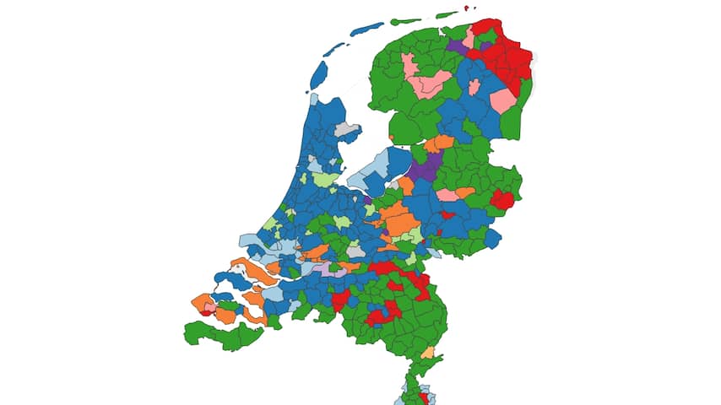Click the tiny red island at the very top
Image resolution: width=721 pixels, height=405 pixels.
coord(466,8)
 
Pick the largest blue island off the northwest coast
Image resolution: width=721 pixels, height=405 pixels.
coord(318,75)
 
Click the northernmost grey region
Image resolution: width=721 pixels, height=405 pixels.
coord(344,130)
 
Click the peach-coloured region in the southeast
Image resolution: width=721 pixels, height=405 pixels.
coord(428,352)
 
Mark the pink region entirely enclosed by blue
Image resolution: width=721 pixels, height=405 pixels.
coord(474,87)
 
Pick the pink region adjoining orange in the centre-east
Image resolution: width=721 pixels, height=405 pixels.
coord(447,195)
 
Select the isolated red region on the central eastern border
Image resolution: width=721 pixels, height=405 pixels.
coord(503,200)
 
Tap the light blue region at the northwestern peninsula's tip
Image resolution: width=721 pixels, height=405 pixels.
coord(314,99)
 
